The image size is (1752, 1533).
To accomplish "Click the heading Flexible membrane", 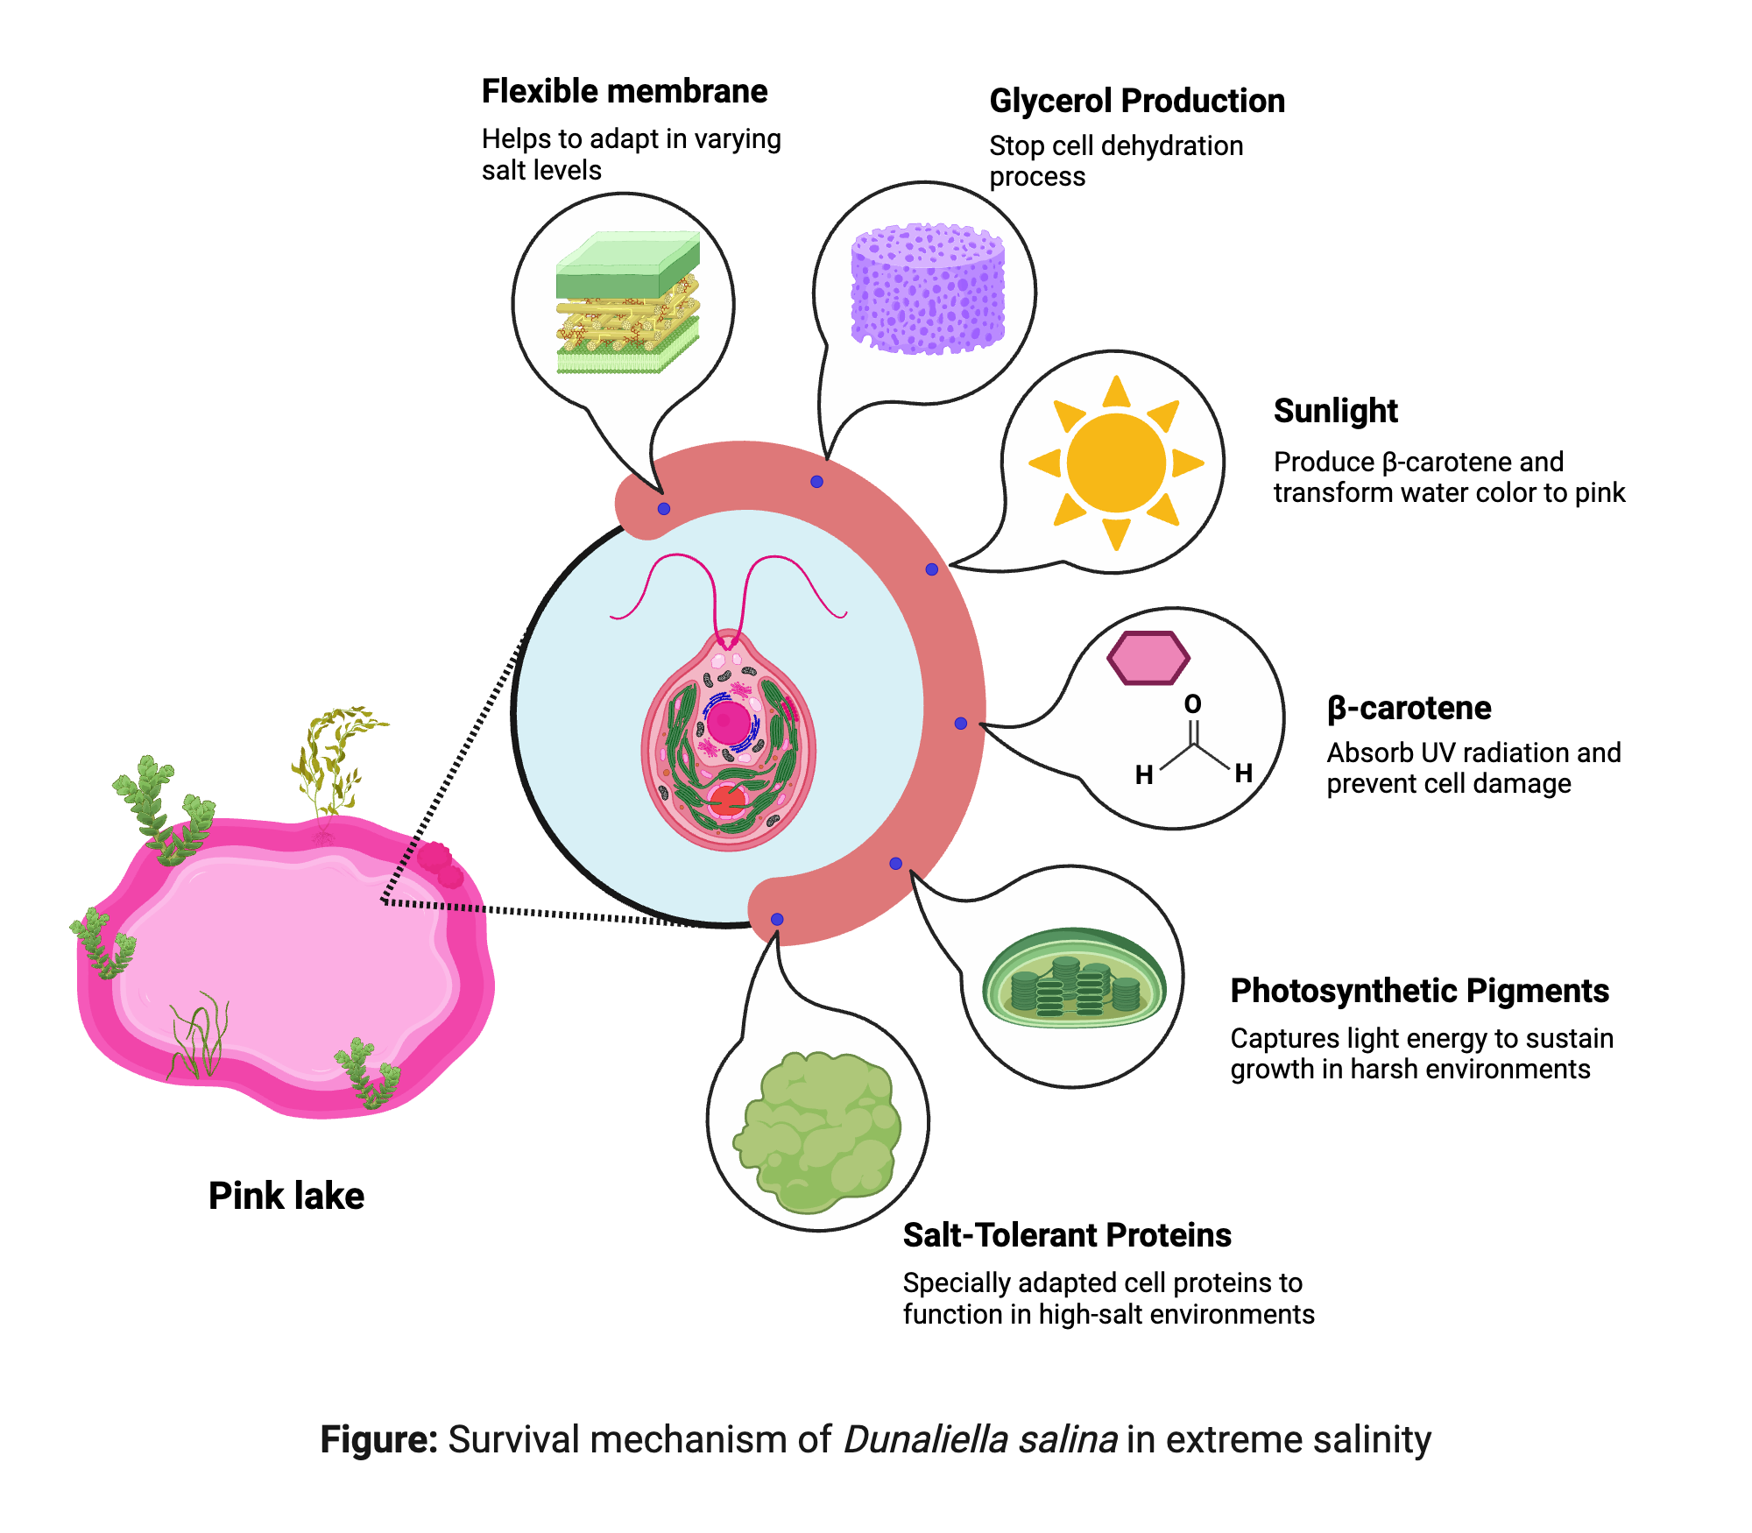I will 624,91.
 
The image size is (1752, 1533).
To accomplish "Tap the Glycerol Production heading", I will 1136,101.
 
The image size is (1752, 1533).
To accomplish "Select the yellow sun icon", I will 1115,463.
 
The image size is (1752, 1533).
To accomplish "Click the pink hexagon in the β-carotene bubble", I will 1148,658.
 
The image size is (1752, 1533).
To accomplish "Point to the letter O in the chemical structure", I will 1192,704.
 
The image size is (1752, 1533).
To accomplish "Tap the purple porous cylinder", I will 928,289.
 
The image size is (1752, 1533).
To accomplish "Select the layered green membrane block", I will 627,302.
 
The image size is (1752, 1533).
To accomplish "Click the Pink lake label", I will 286,1196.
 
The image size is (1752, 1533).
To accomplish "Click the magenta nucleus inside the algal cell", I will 728,723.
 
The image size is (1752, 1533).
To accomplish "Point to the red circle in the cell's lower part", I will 726,800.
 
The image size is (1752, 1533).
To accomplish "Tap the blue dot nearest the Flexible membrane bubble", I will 664,509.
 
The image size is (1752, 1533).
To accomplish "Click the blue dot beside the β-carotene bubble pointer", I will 961,724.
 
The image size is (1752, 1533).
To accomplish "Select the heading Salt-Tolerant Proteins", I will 1066,1235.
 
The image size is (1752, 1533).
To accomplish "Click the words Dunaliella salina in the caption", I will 979,1439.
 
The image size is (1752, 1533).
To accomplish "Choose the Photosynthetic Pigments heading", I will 1419,991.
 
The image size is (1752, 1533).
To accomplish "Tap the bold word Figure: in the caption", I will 378,1439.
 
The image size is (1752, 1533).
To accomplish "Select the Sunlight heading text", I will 1335,411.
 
